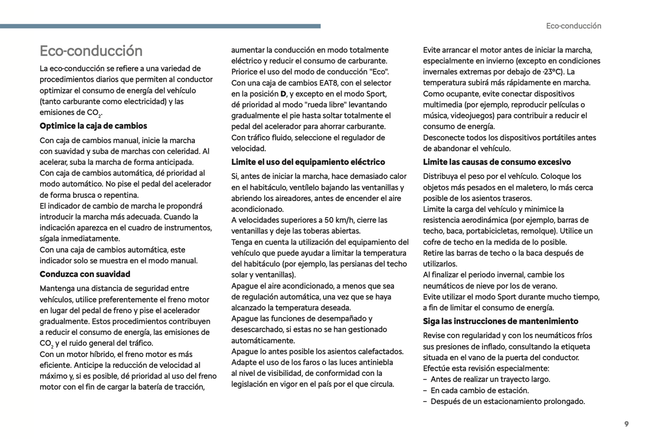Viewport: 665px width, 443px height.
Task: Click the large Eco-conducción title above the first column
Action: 91,51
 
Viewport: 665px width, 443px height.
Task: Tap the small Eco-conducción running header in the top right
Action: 573,26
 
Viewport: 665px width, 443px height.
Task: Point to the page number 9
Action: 626,424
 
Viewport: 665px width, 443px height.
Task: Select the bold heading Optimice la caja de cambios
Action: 93,126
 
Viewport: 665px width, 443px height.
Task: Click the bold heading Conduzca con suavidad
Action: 85,274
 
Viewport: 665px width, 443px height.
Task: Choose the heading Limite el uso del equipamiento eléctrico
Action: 308,162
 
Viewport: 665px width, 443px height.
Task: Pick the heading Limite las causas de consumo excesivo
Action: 497,162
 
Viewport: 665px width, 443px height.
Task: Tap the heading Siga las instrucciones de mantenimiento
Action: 500,321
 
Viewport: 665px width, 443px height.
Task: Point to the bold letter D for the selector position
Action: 283,94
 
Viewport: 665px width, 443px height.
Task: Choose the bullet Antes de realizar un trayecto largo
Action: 490,380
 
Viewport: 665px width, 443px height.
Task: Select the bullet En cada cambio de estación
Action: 480,391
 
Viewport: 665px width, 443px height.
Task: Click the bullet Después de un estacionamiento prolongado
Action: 508,402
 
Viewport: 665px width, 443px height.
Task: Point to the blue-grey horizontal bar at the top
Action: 160,26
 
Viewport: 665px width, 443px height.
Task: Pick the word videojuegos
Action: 468,115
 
